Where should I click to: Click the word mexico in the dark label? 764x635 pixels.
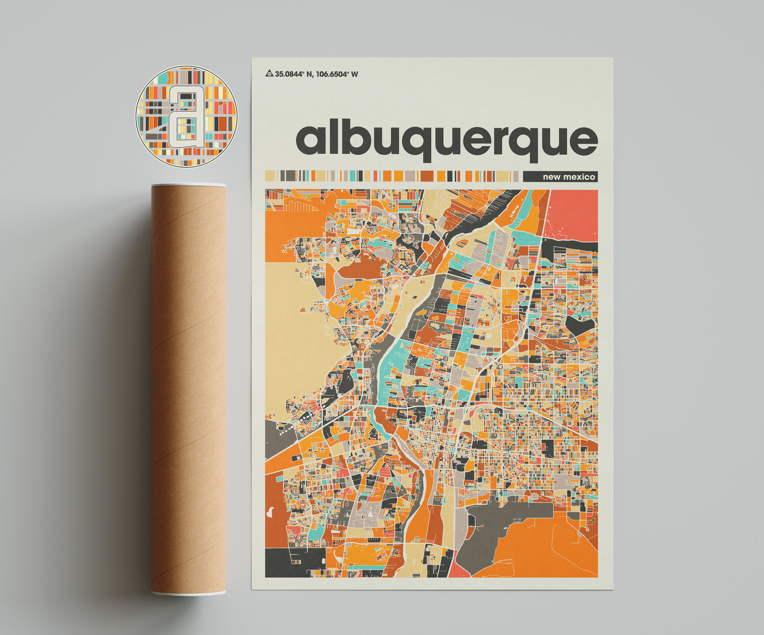(x=579, y=177)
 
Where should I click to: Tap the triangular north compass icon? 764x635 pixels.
(x=269, y=73)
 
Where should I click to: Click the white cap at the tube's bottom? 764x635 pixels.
(x=188, y=593)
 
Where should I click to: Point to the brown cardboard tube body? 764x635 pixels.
(x=188, y=388)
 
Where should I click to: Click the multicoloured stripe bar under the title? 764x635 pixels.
(x=392, y=176)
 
